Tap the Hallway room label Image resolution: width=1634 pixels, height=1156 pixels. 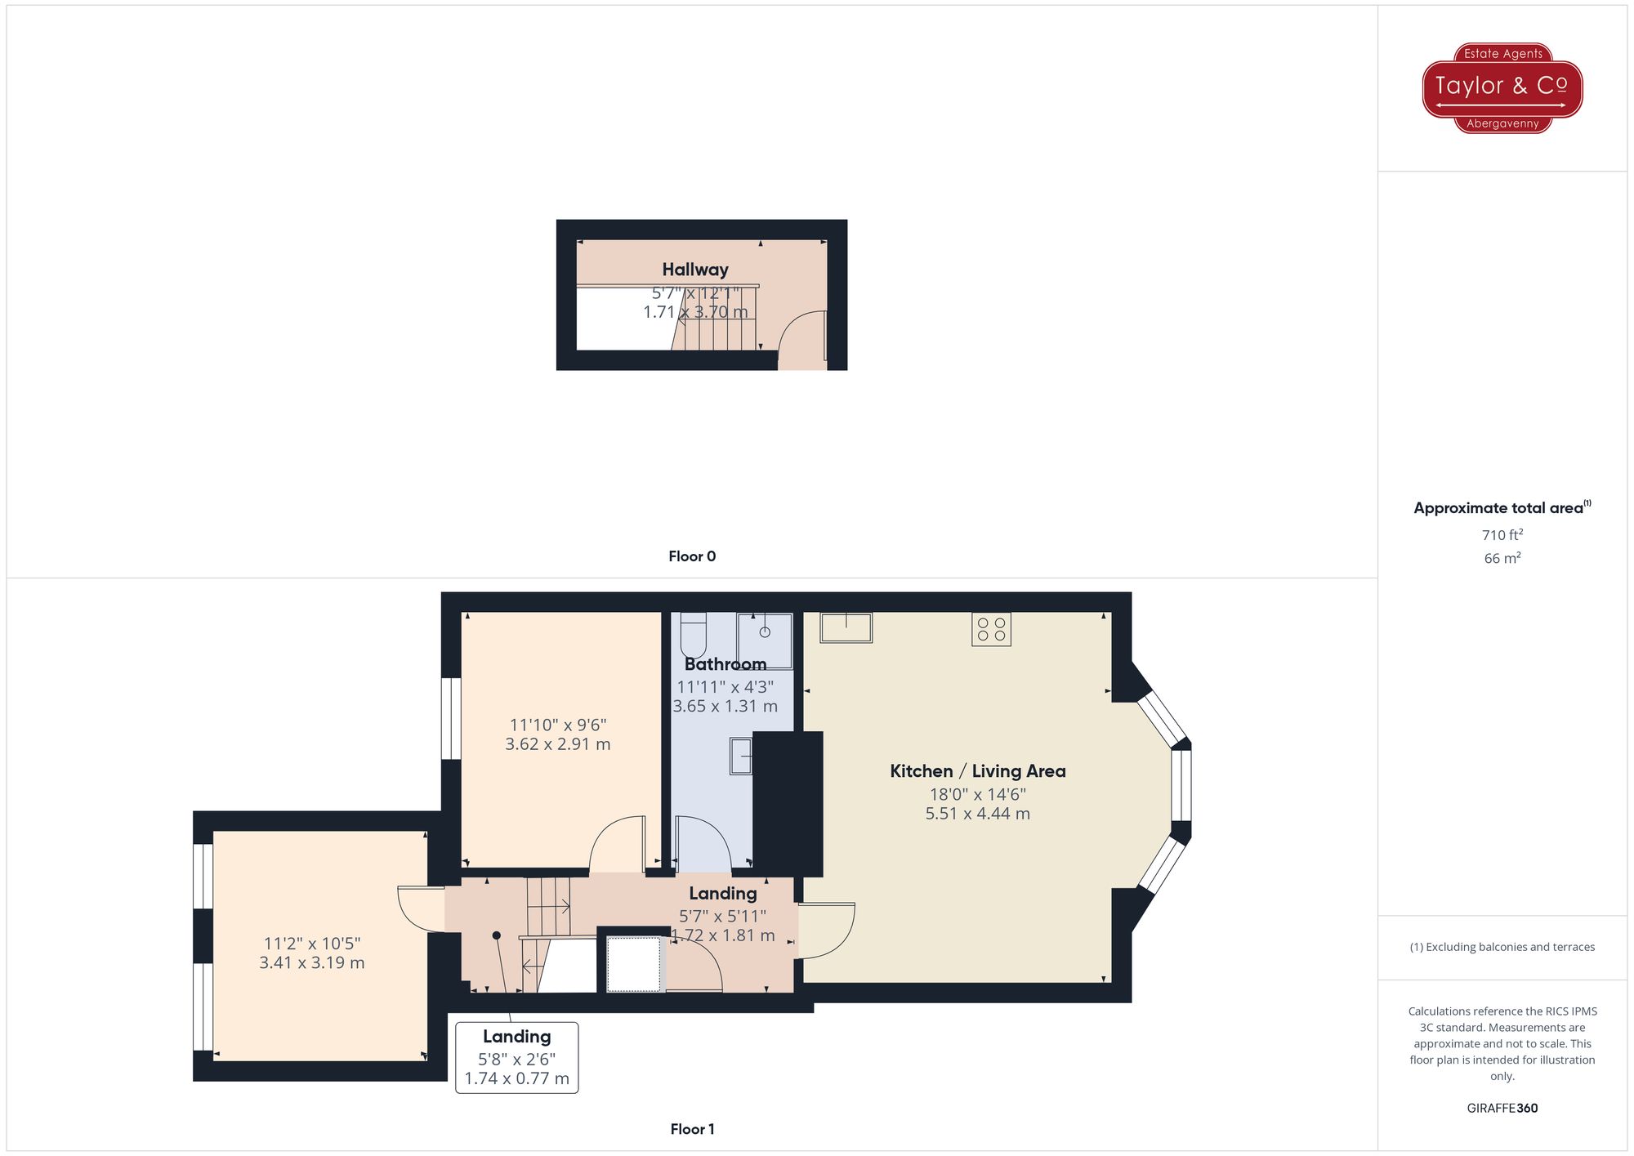[x=694, y=270]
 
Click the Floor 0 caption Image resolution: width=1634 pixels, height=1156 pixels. [x=691, y=556]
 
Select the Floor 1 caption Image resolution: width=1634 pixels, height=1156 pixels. [x=691, y=1129]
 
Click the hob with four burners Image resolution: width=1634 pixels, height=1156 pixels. [x=991, y=629]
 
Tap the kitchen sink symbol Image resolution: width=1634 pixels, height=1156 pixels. [x=846, y=627]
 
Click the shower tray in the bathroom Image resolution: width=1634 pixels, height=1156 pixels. [x=765, y=640]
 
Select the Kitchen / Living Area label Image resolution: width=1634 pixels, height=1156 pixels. [x=977, y=771]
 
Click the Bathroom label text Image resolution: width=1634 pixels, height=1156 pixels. [x=725, y=664]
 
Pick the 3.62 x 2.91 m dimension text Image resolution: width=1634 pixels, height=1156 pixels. [x=557, y=744]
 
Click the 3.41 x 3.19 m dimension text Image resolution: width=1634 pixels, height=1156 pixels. [x=311, y=962]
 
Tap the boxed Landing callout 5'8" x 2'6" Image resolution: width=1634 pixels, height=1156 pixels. [x=516, y=1057]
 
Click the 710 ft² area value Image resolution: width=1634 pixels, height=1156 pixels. [x=1502, y=535]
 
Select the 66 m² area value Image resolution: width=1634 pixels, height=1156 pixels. [x=1502, y=559]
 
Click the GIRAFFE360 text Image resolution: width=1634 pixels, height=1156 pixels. [x=1502, y=1108]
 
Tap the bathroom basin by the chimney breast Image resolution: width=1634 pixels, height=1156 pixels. [x=740, y=757]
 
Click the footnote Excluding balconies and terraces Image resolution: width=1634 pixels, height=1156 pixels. [x=1502, y=947]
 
